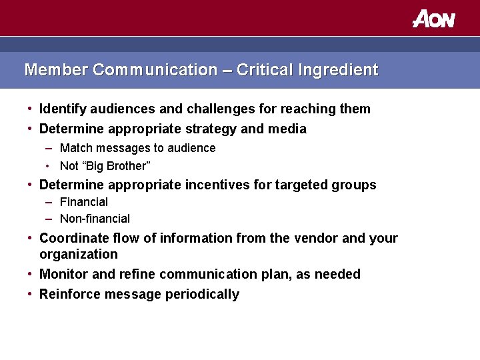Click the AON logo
[433, 19]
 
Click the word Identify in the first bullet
[63, 109]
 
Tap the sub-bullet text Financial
[83, 202]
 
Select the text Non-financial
[95, 219]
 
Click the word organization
[78, 254]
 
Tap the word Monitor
[63, 274]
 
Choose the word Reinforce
[69, 294]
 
